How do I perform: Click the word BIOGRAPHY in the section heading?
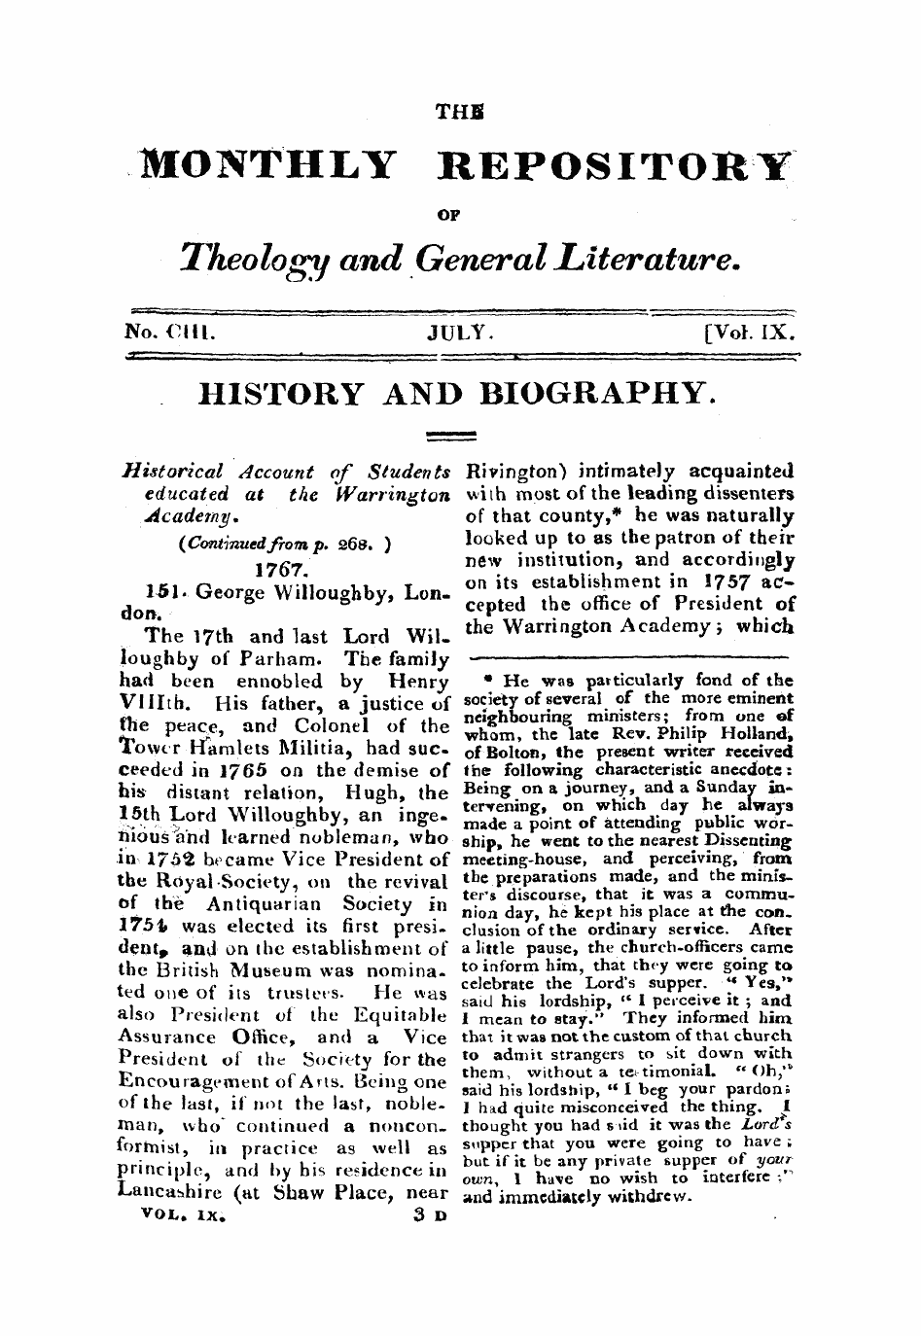(x=592, y=395)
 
